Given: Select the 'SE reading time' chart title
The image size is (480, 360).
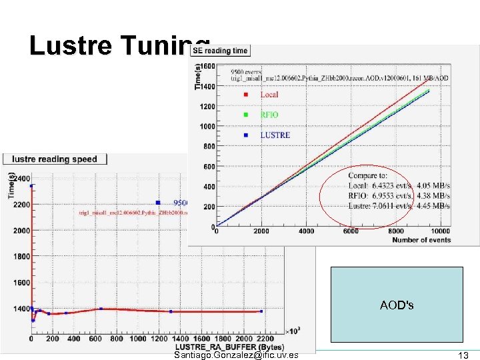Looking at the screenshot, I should [x=219, y=50].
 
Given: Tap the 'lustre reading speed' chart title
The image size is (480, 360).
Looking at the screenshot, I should [x=55, y=159].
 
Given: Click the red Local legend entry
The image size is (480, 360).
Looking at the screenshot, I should [x=269, y=95].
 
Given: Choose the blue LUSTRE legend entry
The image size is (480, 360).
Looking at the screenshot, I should [x=275, y=135].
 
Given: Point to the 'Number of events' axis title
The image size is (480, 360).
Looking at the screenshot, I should [x=422, y=240].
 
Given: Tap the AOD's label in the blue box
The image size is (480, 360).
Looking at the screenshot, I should [x=396, y=305].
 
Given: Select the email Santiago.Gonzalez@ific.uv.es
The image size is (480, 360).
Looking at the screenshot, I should [x=235, y=355].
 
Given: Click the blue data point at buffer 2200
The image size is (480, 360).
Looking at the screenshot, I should [x=261, y=311].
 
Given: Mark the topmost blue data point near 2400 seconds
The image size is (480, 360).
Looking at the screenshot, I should [x=32, y=186].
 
